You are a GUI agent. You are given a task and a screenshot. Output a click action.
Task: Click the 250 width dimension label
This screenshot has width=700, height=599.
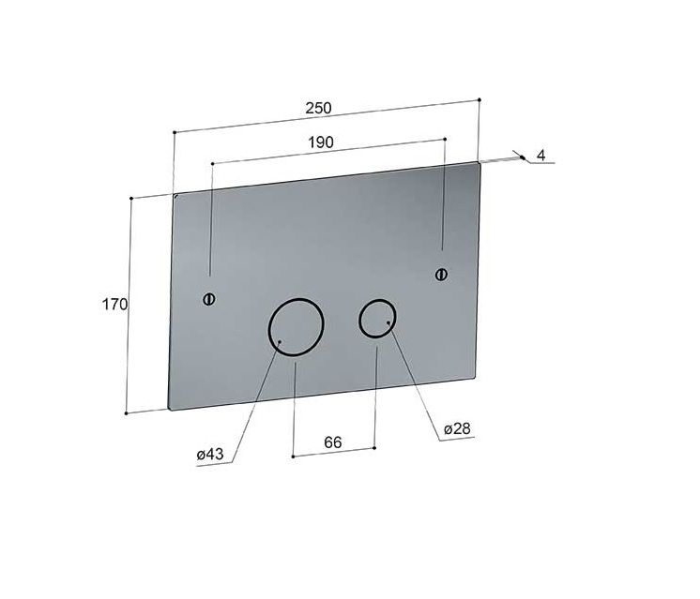[318, 108]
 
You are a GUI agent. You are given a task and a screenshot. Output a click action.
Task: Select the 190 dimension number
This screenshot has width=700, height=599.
[321, 142]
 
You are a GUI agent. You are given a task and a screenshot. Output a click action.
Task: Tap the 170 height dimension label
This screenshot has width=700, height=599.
[114, 305]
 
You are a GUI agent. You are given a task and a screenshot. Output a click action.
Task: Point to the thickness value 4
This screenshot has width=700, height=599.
[541, 156]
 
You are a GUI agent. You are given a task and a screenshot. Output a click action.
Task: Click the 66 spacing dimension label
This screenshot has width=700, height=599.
[332, 442]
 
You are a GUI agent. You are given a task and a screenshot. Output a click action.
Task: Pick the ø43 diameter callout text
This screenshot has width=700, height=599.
[210, 455]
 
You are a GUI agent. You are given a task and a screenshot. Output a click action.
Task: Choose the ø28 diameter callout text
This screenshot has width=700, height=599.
[457, 428]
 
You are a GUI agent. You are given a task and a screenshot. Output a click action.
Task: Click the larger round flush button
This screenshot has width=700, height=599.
[296, 327]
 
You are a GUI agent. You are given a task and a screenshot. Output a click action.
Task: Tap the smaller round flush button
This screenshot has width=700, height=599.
[377, 318]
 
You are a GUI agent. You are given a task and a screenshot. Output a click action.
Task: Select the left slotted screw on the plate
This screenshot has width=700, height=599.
[209, 299]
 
